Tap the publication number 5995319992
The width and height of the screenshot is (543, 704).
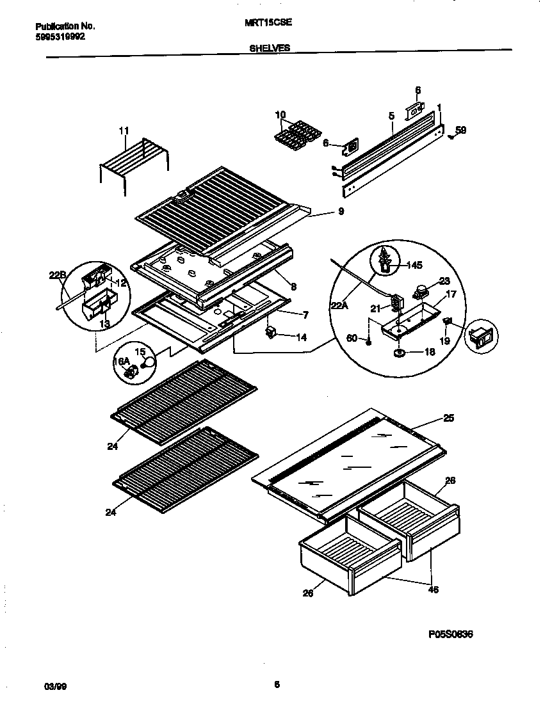(x=60, y=36)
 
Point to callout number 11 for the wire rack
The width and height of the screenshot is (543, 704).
(x=124, y=131)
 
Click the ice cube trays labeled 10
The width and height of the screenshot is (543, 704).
(x=298, y=131)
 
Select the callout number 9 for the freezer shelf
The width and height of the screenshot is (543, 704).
(x=341, y=211)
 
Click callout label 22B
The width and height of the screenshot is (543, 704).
(x=58, y=276)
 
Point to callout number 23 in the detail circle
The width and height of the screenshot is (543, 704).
(x=444, y=280)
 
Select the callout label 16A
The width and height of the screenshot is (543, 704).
(x=122, y=362)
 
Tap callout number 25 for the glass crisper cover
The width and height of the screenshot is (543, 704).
(x=448, y=419)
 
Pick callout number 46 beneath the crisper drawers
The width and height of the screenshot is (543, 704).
(x=434, y=589)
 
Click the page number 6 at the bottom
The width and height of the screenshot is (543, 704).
(x=277, y=685)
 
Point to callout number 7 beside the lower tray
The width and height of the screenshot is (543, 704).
(x=305, y=315)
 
